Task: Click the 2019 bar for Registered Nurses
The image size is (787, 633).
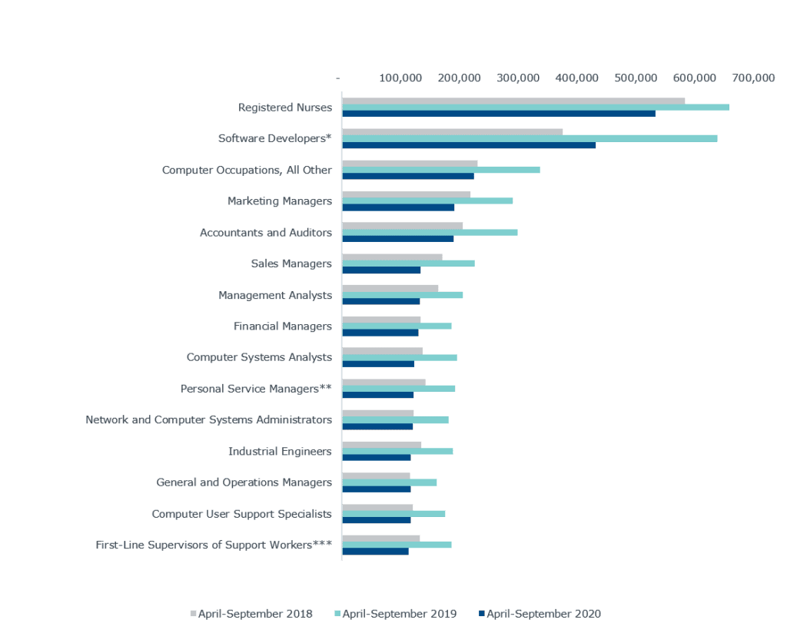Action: [x=535, y=107]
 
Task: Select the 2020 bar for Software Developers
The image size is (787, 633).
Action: [x=469, y=145]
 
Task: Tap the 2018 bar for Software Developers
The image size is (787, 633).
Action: [x=452, y=131]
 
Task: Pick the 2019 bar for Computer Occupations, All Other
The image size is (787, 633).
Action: [x=440, y=170]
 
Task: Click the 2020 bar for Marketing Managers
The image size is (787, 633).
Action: [x=398, y=207]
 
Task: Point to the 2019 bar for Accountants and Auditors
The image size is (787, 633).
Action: [x=430, y=232]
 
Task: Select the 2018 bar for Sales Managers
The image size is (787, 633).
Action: [x=392, y=257]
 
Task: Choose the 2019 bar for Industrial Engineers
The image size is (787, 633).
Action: [x=397, y=451]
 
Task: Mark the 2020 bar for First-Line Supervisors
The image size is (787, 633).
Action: [x=375, y=551]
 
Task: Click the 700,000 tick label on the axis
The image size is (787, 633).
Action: [x=753, y=78]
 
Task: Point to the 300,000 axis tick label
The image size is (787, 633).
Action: [x=518, y=78]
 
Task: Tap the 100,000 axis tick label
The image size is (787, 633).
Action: [x=400, y=78]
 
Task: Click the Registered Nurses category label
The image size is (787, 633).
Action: [x=284, y=108]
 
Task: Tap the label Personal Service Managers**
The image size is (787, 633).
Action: [x=256, y=389]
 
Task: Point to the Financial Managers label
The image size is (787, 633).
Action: [x=282, y=326]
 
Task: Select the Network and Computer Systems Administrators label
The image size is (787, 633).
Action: [x=208, y=420]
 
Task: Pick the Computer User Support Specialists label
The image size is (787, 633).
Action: [x=241, y=514]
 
